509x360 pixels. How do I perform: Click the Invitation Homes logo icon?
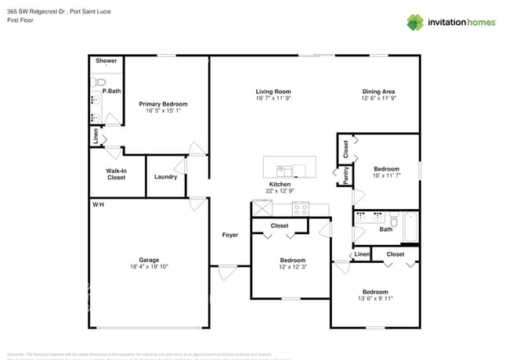[x=415, y=23]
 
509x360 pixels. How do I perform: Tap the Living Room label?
[x=273, y=92]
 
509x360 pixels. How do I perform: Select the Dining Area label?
[x=377, y=92]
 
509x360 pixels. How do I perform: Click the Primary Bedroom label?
[x=163, y=104]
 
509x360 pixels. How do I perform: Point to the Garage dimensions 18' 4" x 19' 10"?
[x=149, y=267]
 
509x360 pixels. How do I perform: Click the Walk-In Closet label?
[x=116, y=174]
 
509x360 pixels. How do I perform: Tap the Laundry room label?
[x=165, y=177]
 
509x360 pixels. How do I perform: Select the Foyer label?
[x=230, y=235]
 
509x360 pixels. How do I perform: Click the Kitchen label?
[x=280, y=185]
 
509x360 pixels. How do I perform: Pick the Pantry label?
[x=345, y=175]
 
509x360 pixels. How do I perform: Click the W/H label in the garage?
[x=98, y=204]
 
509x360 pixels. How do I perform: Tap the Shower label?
[x=106, y=61]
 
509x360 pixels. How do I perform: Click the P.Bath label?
[x=111, y=92]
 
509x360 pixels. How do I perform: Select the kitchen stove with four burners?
[x=301, y=208]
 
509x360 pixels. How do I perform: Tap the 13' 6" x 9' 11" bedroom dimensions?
[x=375, y=297]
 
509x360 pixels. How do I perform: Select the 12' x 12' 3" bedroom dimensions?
[x=292, y=267]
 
